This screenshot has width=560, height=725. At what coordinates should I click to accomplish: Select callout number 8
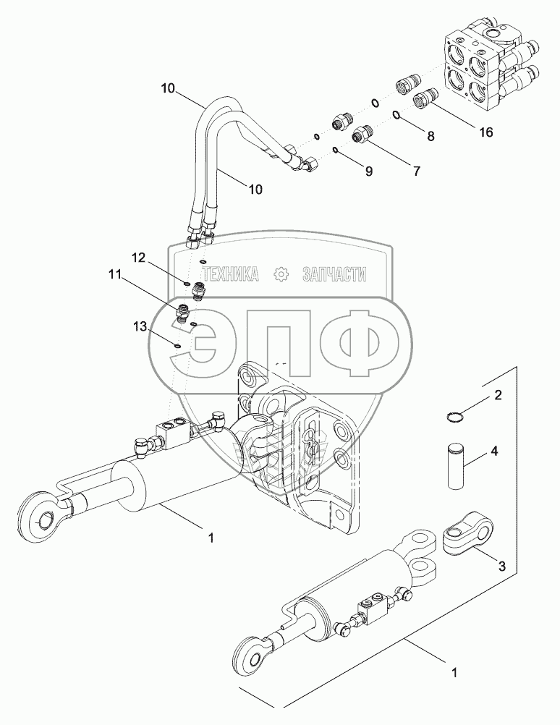(430, 135)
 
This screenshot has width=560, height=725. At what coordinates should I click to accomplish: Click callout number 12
(138, 258)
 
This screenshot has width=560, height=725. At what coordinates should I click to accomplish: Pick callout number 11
(115, 275)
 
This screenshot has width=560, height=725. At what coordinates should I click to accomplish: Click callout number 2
(498, 395)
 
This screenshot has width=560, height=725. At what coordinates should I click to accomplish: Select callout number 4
(494, 451)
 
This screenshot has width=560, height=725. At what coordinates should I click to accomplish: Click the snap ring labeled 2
(452, 415)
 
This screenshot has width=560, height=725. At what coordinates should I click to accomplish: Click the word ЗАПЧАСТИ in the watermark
(334, 274)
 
